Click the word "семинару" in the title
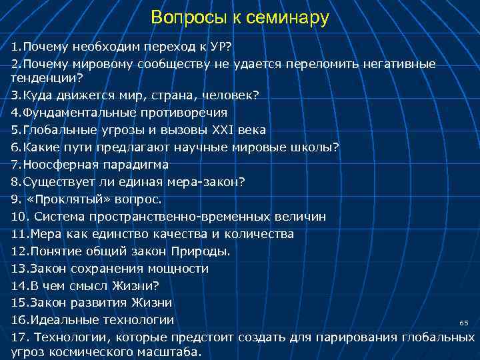(287, 18)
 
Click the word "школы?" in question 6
(315, 147)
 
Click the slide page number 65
(464, 323)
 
